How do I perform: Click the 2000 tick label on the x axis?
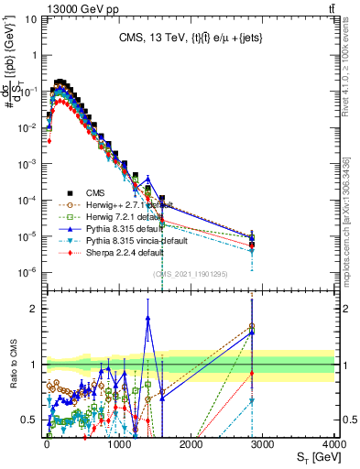point(191,443)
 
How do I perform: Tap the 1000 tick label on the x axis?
point(119,443)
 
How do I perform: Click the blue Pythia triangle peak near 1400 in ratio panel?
point(147,318)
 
